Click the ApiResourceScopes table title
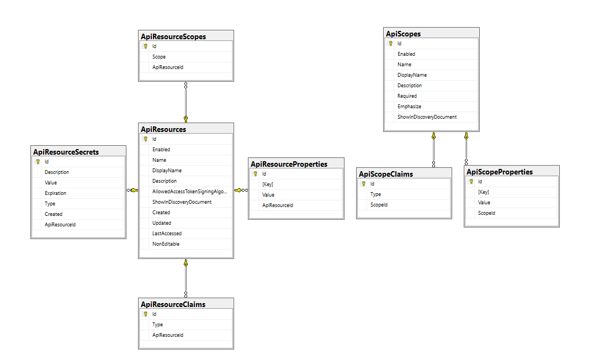click(x=173, y=36)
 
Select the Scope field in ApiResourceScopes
click(x=159, y=57)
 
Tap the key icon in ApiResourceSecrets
click(x=38, y=162)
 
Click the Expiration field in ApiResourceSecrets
click(x=55, y=193)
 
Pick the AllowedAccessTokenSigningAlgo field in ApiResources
click(x=189, y=192)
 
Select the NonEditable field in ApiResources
click(x=166, y=244)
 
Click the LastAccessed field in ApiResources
click(x=167, y=234)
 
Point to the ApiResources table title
click(x=163, y=129)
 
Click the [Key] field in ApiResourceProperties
click(x=268, y=184)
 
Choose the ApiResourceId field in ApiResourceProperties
click(x=277, y=205)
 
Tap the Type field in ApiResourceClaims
click(x=158, y=325)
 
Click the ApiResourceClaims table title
click(x=173, y=304)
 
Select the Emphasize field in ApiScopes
click(x=409, y=106)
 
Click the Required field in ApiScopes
click(x=407, y=96)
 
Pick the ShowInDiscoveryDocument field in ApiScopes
click(x=427, y=117)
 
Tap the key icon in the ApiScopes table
click(x=391, y=44)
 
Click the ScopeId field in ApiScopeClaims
click(x=379, y=205)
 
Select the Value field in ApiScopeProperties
click(x=484, y=203)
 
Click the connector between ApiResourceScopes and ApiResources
click(x=186, y=102)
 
